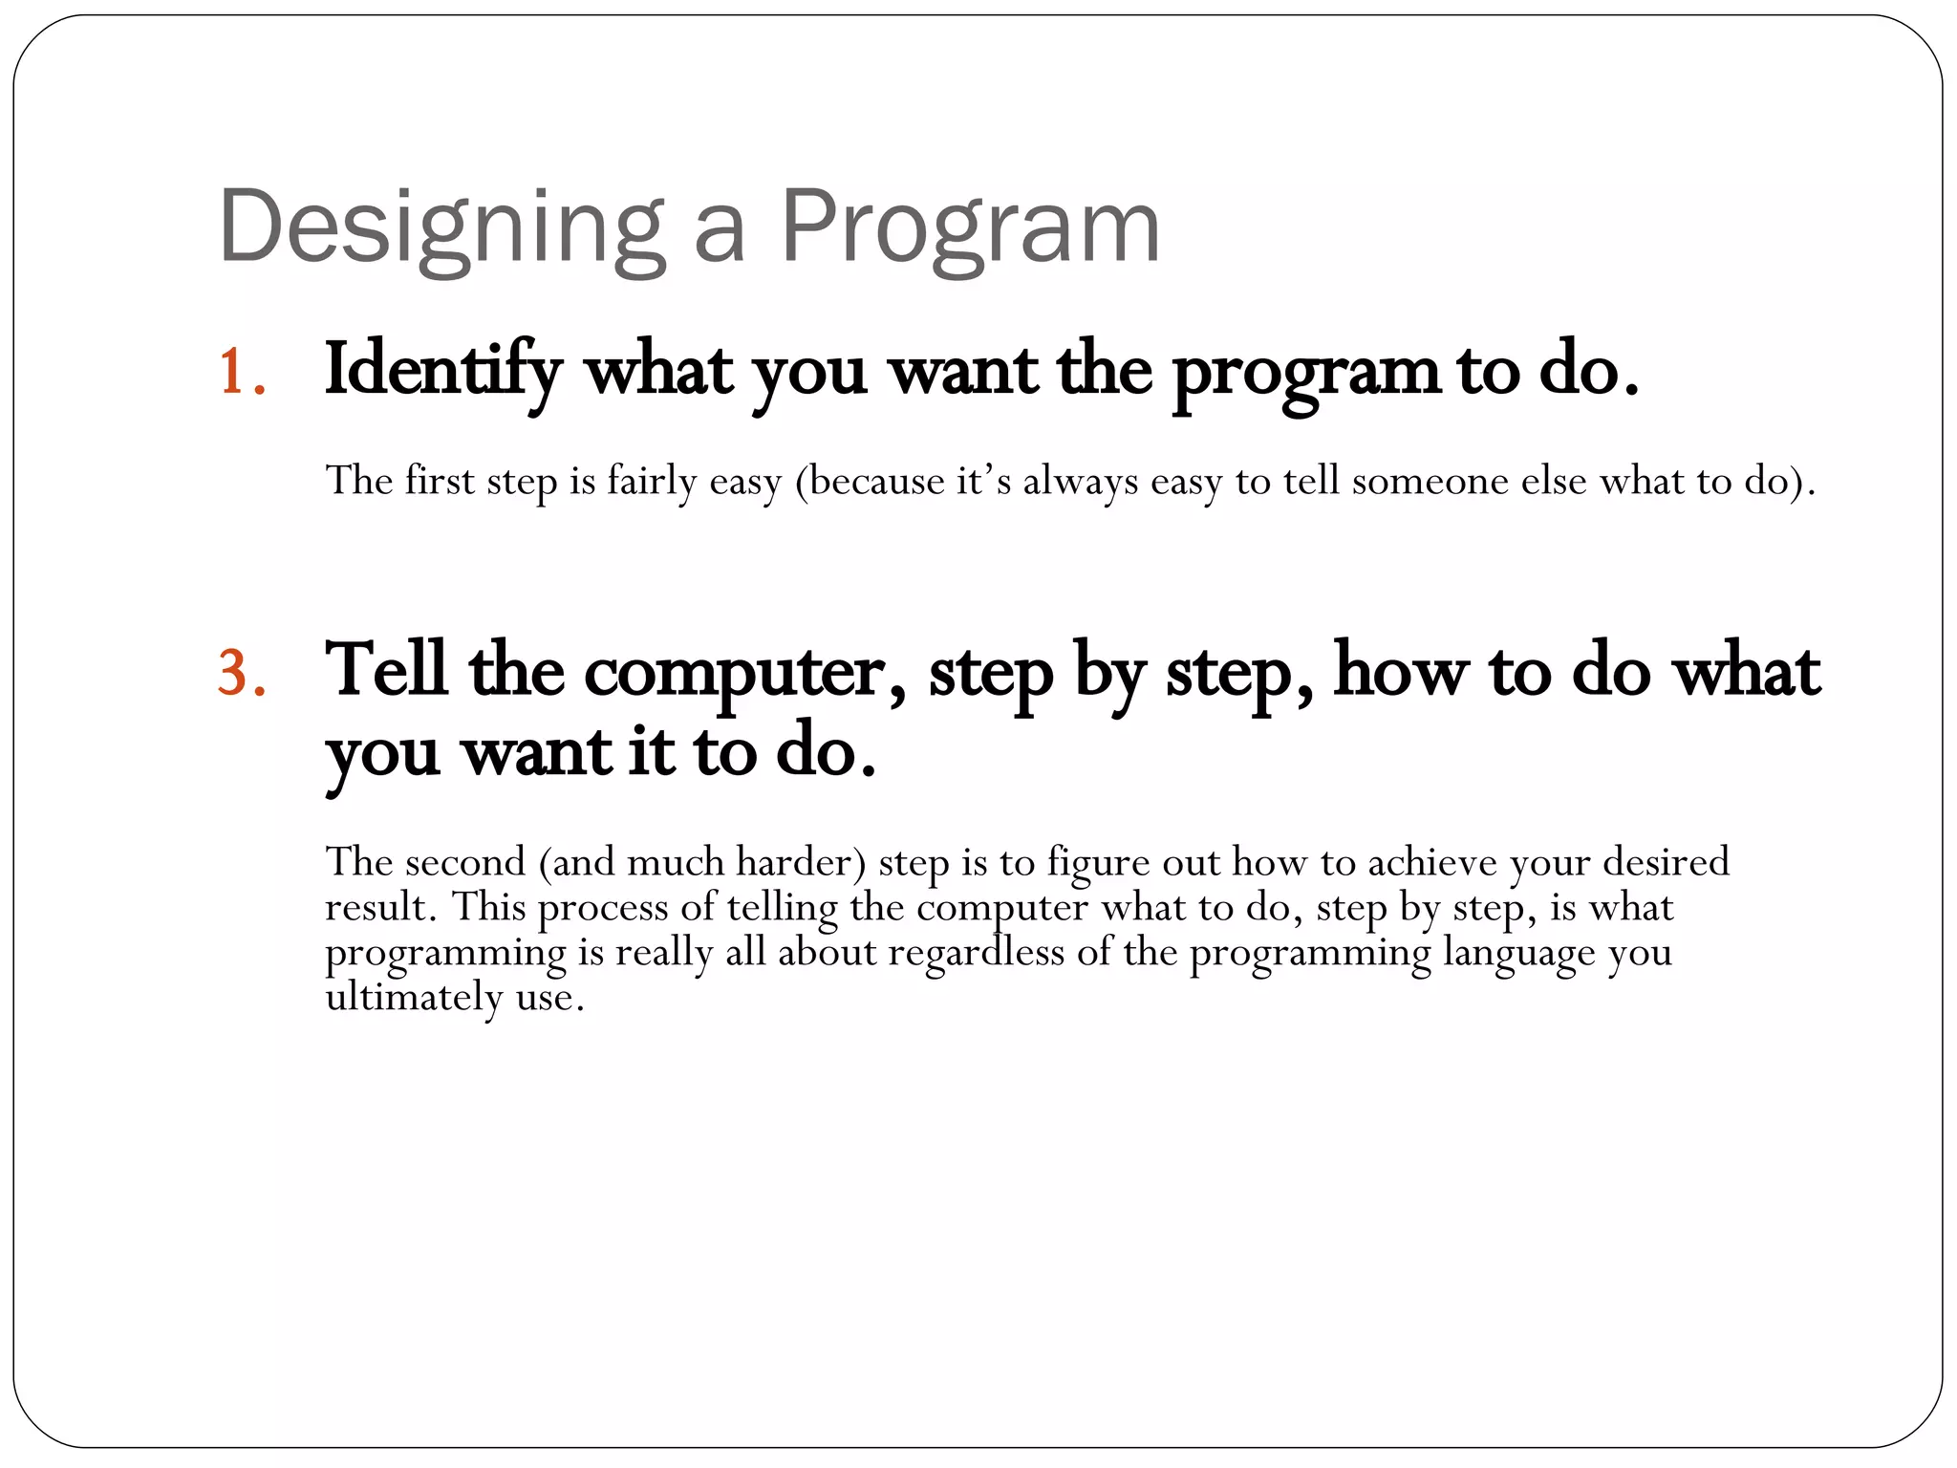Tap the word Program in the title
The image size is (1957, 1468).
[970, 229]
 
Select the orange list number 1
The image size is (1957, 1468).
[241, 371]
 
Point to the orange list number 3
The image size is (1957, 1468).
[241, 672]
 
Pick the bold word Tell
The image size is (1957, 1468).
[386, 669]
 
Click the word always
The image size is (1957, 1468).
[1081, 481]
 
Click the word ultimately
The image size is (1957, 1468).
[414, 998]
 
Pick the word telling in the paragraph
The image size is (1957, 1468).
[782, 907]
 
